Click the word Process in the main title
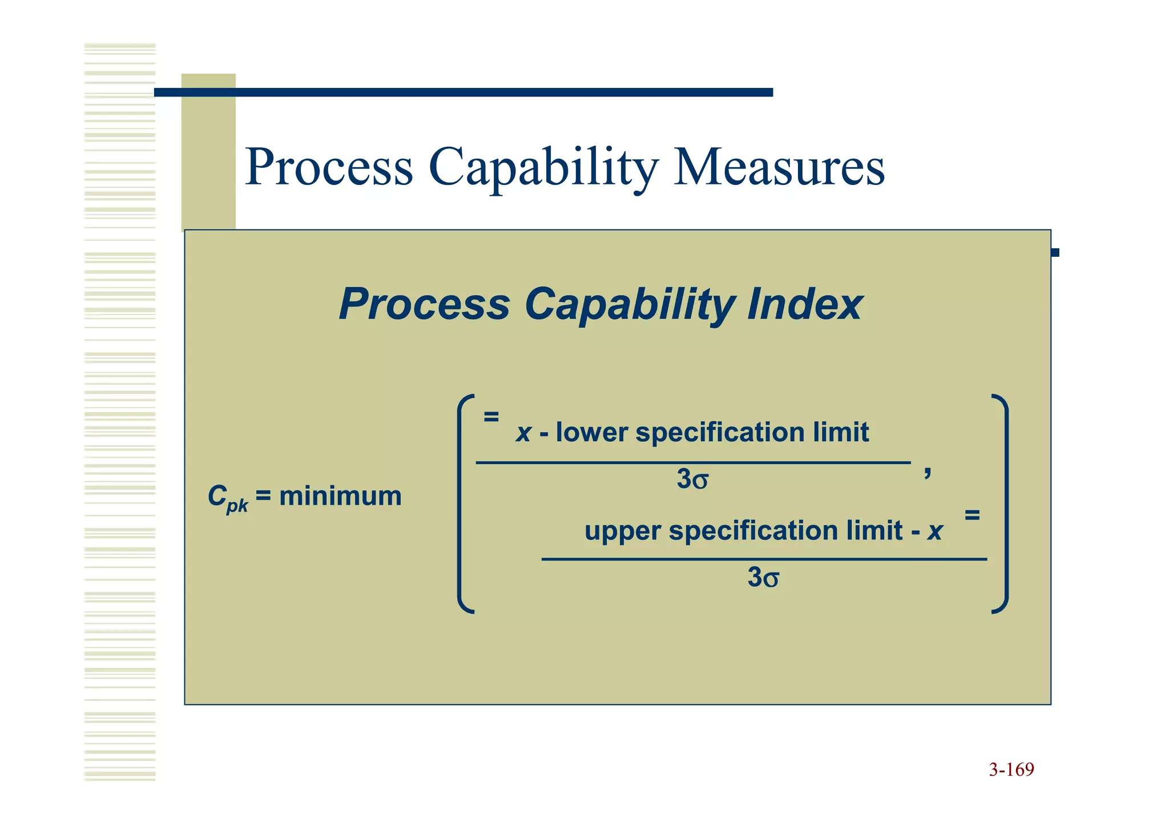329,167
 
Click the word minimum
340,495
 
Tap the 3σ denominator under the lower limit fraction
692,480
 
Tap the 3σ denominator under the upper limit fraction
763,578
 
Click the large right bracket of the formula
1003,503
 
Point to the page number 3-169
1011,769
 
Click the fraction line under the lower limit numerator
692,462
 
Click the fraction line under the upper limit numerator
764,559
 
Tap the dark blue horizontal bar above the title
462,92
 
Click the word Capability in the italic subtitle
628,304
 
